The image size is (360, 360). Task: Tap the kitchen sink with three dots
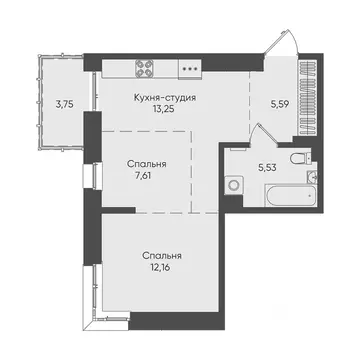(189, 69)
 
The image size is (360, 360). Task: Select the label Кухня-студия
(164, 98)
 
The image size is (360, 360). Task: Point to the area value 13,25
(164, 111)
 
